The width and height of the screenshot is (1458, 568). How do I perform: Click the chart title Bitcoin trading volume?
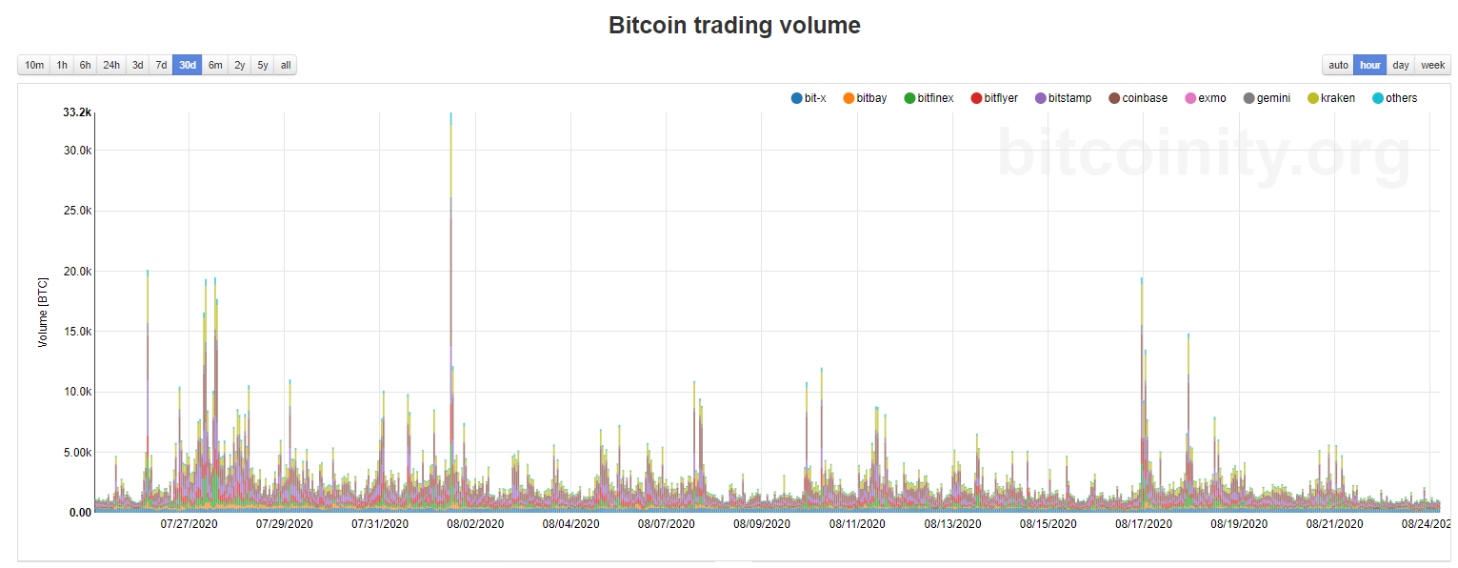pos(734,26)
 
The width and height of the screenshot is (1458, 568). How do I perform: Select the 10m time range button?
pos(34,65)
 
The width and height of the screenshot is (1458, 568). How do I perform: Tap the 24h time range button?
pos(111,65)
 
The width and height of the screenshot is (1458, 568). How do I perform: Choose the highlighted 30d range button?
pos(188,65)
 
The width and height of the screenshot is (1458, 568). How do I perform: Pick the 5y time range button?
pos(263,65)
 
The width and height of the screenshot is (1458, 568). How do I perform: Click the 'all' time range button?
pos(286,65)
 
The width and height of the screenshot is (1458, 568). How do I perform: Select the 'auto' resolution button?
pos(1338,65)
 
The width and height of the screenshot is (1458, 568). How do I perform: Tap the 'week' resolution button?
pos(1432,65)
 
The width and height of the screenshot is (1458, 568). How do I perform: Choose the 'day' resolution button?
pos(1400,65)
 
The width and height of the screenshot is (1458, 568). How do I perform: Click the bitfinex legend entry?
pos(929,98)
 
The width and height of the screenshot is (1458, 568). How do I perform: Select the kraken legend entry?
pos(1330,98)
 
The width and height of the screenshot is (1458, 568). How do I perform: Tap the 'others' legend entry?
pos(1394,98)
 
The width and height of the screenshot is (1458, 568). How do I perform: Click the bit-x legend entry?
pos(809,98)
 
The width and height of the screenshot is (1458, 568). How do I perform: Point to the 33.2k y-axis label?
pos(77,112)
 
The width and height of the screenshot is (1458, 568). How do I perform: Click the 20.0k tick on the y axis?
pos(75,272)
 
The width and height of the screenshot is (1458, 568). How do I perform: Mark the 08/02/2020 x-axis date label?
pos(475,524)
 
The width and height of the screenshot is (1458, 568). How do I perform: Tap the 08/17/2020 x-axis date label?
pos(1144,524)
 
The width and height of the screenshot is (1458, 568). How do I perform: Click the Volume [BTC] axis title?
pos(43,312)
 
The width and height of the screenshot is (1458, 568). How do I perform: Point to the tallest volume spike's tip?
pos(451,114)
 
